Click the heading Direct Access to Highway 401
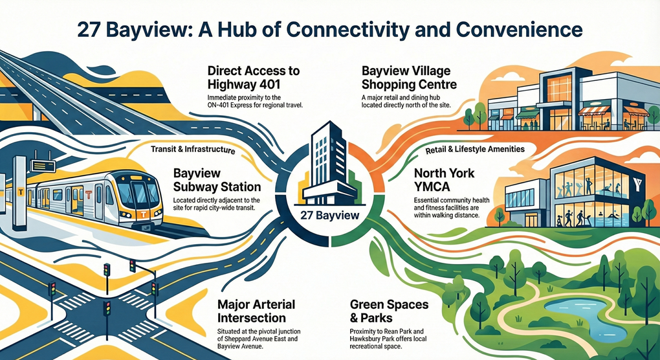coord(254,77)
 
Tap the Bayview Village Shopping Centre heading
coord(410,77)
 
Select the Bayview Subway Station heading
coord(216,181)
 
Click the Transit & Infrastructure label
coord(193,149)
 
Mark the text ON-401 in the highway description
coord(224,104)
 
